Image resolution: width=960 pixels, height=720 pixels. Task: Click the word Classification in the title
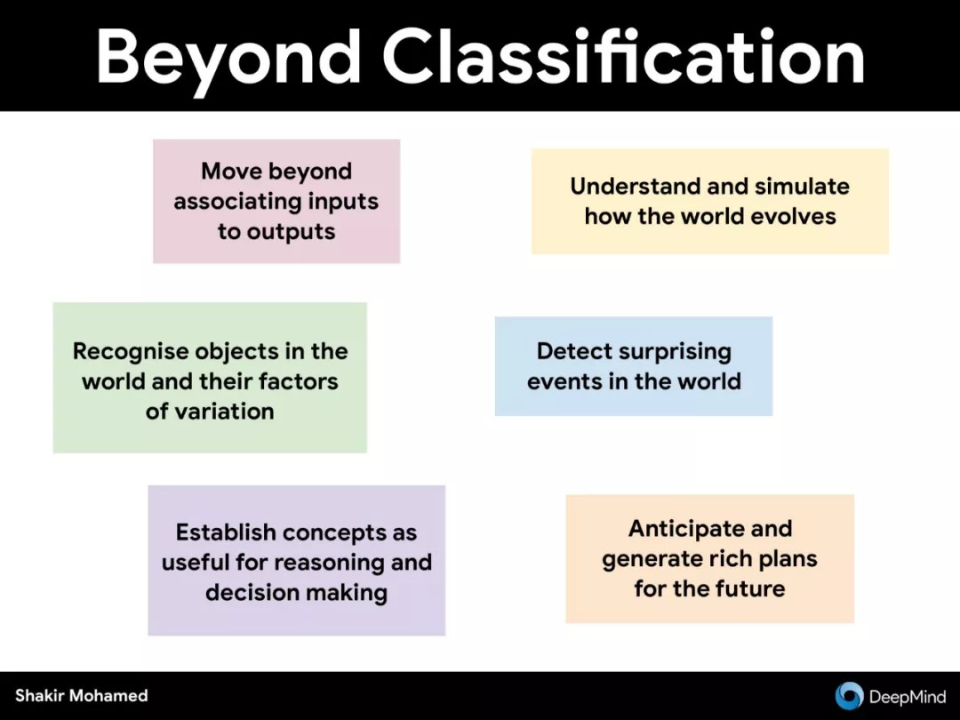pyautogui.click(x=623, y=55)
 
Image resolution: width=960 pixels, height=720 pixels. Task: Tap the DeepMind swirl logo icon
pyautogui.click(x=849, y=696)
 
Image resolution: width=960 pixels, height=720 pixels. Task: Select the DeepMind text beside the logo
pyautogui.click(x=908, y=697)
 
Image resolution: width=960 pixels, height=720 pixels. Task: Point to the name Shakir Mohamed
pyautogui.click(x=82, y=695)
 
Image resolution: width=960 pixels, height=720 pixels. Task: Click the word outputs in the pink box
pyautogui.click(x=291, y=232)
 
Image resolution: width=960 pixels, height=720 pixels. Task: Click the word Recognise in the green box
pyautogui.click(x=130, y=352)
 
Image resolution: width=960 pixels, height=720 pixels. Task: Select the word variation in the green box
pyautogui.click(x=224, y=412)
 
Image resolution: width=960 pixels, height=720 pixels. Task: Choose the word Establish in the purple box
pyautogui.click(x=226, y=532)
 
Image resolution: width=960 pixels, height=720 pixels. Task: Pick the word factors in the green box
pyautogui.click(x=298, y=381)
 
